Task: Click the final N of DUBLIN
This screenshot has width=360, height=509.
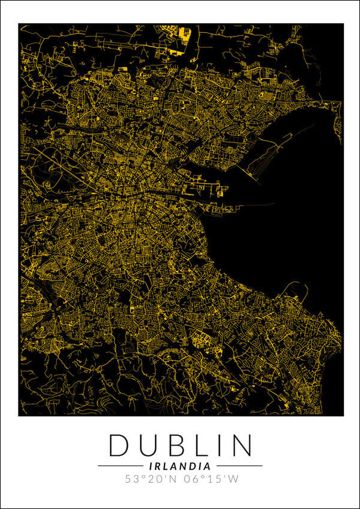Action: [240, 446]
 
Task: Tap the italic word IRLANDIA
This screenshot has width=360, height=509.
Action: [180, 465]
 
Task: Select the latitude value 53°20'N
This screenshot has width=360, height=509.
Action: [150, 479]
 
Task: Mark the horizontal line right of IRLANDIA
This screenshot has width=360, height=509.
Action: [239, 465]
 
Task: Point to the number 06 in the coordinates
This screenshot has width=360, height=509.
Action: [192, 479]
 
